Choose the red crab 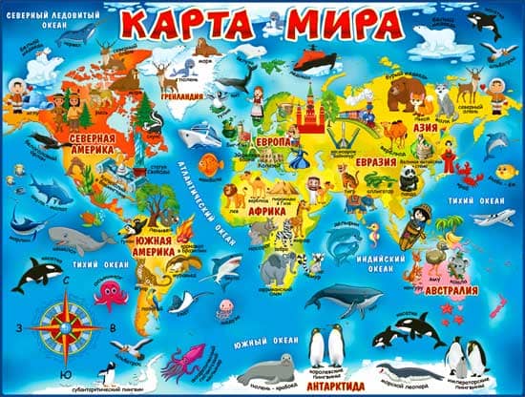467,174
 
